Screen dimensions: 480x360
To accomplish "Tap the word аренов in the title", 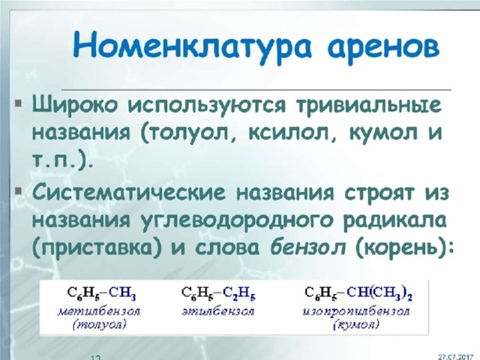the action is [384, 47].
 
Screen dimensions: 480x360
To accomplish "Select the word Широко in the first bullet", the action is [75, 105].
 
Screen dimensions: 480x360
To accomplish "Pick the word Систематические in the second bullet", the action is [129, 193].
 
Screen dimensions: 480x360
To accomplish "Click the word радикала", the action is [395, 220].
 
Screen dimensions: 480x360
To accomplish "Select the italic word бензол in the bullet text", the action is [308, 247].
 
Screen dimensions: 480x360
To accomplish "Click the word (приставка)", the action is [97, 248].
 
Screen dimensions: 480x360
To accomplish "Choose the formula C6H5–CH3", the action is [101, 293].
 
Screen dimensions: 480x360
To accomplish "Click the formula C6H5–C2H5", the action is [218, 293].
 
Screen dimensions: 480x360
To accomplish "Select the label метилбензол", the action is [99, 312].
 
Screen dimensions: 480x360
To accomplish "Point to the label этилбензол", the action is [218, 312].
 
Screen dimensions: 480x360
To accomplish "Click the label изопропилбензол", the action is [356, 312].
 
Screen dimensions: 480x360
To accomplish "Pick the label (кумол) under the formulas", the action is [356, 325].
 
